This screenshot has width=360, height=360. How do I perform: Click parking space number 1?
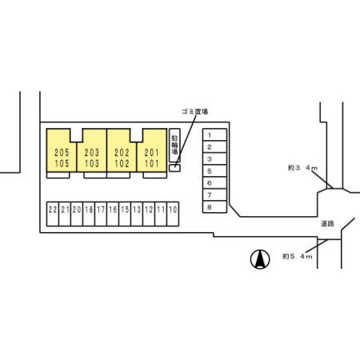[214, 135]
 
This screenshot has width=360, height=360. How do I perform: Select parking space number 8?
[214, 206]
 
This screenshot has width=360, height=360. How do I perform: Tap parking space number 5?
[214, 171]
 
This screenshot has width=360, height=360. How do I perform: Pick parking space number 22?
[53, 214]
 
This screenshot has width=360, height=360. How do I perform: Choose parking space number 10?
[173, 214]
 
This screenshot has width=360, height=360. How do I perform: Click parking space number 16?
[113, 214]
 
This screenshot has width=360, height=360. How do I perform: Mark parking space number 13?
[137, 214]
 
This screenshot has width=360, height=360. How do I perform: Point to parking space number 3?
[214, 159]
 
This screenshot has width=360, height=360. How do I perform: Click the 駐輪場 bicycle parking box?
[174, 146]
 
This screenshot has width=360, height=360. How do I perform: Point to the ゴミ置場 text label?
[195, 112]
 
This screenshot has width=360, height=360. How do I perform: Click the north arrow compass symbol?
[260, 259]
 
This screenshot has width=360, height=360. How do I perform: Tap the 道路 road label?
[327, 224]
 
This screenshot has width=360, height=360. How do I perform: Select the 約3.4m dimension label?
[302, 168]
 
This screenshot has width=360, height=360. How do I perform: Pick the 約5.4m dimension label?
[298, 257]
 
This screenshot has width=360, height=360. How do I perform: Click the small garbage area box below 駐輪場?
[174, 168]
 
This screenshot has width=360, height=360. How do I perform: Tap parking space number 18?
[89, 214]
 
